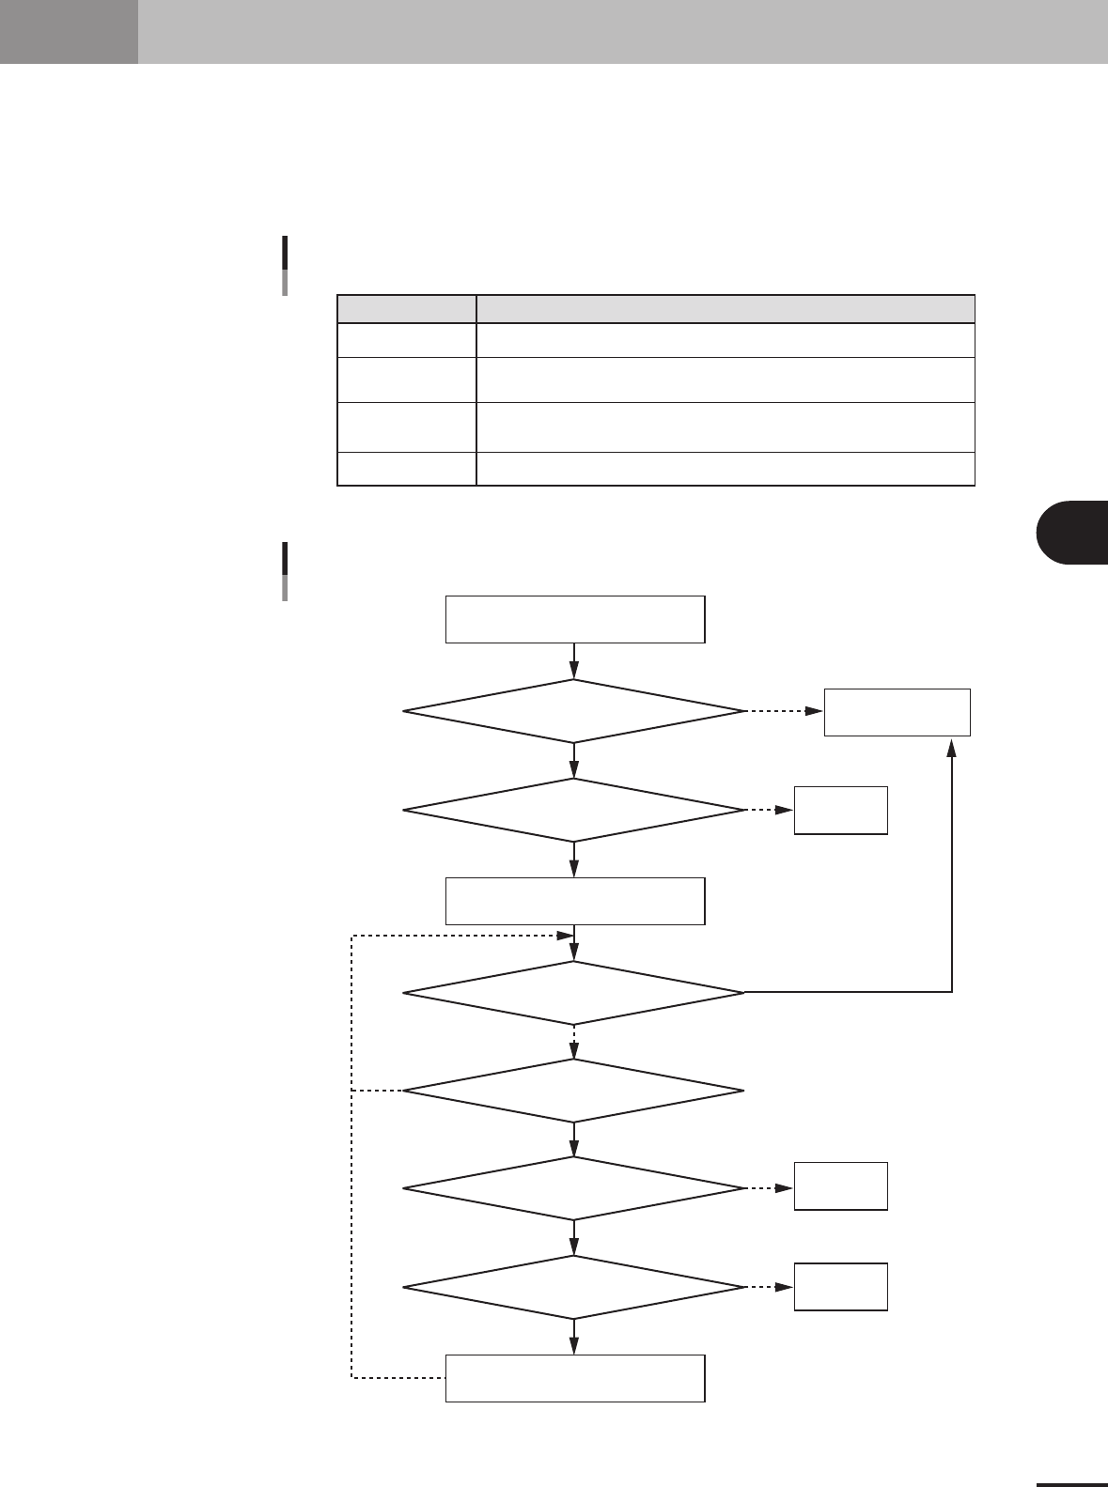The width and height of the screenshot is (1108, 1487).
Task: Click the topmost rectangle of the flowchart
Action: tap(574, 618)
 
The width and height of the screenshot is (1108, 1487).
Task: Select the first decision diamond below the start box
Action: tap(573, 711)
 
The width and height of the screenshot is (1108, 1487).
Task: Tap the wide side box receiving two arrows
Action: tap(897, 712)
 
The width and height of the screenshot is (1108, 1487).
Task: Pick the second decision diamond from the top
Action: tap(573, 810)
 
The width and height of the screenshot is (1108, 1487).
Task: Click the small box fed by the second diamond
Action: tap(840, 810)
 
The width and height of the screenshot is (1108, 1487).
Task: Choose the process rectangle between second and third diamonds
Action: tap(574, 901)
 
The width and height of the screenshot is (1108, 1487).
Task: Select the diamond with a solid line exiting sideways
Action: tap(573, 992)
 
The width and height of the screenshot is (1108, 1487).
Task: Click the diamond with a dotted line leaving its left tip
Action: tap(573, 1091)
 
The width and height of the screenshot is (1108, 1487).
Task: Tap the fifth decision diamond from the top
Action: tap(573, 1188)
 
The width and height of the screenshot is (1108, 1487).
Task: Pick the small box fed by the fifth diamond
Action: tap(840, 1185)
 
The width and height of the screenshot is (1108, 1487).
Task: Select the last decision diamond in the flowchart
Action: tap(573, 1287)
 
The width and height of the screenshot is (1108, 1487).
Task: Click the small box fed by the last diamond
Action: tap(840, 1286)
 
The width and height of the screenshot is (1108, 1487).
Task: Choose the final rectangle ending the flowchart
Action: tap(574, 1378)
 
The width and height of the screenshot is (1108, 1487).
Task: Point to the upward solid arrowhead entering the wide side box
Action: tap(953, 744)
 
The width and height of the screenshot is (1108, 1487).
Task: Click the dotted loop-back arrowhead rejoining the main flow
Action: tap(566, 936)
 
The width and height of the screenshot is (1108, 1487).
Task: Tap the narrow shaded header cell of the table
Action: tap(406, 309)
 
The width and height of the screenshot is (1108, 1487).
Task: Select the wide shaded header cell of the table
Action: tap(725, 309)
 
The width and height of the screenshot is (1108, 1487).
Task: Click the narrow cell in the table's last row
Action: tap(406, 469)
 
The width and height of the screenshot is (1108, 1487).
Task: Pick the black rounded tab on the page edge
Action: tap(1073, 533)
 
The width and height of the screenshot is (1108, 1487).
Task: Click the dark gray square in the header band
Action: tap(69, 32)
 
